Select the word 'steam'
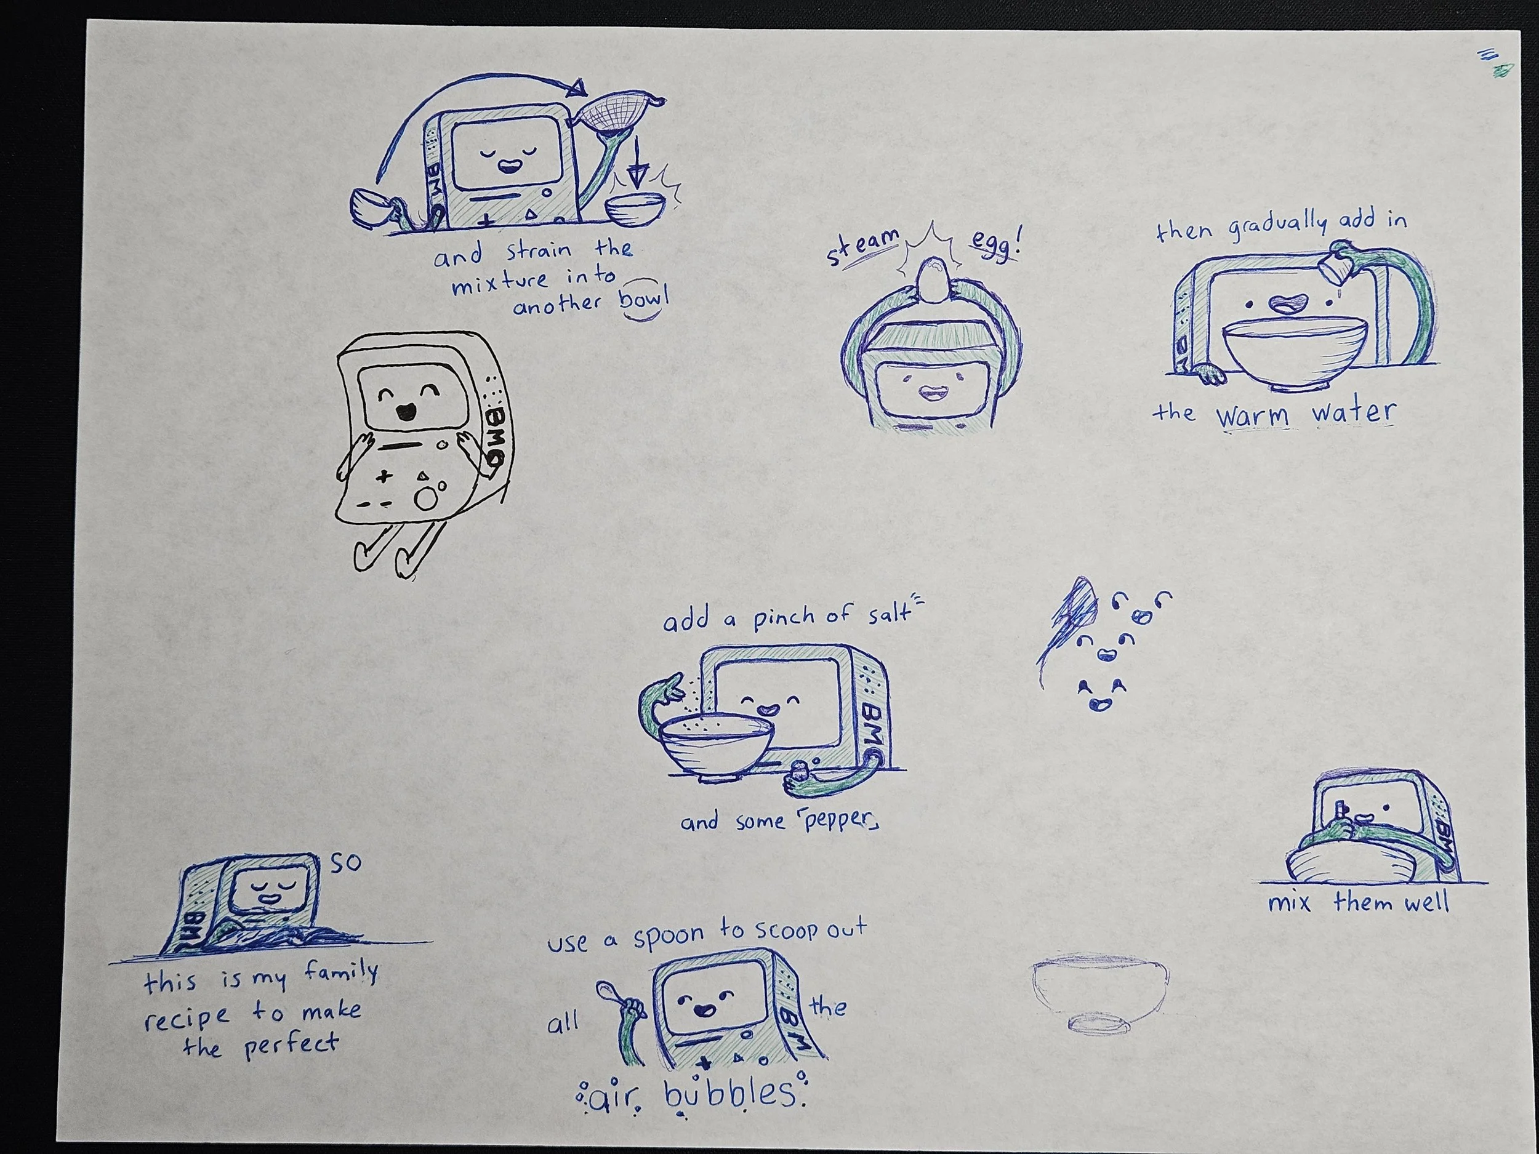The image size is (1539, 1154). tap(861, 246)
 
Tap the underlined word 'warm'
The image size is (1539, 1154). tap(1252, 415)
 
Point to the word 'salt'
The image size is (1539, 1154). tap(888, 614)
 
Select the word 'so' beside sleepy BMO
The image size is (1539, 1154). tap(345, 863)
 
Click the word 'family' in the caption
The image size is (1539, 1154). tap(341, 972)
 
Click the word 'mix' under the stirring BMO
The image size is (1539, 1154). tap(1289, 904)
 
